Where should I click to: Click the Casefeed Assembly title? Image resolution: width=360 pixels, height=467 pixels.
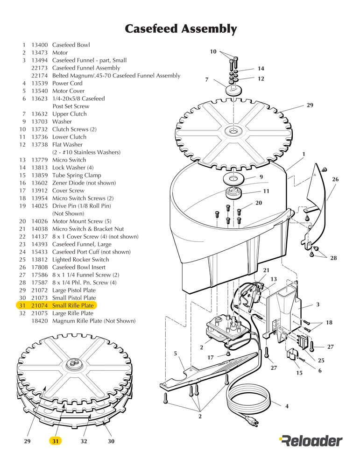tap(181, 29)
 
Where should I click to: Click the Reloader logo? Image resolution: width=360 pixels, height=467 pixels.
tap(311, 440)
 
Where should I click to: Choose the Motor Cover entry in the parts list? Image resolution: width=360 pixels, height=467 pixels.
tap(68, 91)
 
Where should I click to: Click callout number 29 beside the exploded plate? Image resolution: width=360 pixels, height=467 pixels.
tap(310, 106)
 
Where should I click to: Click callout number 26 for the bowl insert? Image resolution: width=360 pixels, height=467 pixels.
tap(335, 179)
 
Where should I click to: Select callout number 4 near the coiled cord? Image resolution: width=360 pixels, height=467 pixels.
tap(287, 406)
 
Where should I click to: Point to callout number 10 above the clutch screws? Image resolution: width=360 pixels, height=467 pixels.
tap(213, 52)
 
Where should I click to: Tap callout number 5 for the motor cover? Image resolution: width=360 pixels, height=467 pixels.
tap(176, 354)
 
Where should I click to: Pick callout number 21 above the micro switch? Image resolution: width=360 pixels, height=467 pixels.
tap(266, 270)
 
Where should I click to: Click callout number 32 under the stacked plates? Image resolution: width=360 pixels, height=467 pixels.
tap(84, 441)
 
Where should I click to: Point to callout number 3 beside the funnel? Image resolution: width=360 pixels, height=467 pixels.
tap(318, 305)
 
